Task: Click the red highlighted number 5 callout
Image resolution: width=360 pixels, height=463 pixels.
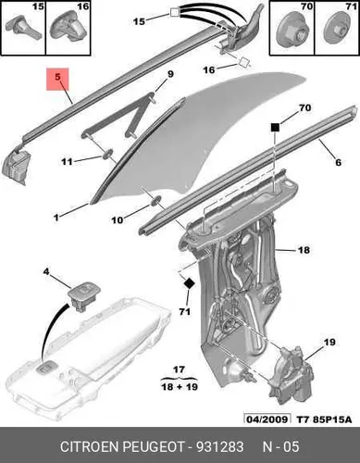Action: (57, 80)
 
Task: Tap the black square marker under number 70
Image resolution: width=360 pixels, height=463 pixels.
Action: (275, 127)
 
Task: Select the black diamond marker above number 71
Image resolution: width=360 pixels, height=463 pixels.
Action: (189, 282)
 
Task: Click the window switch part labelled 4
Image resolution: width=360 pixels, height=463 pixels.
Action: (83, 295)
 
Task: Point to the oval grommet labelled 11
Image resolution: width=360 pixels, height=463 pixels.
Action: (106, 154)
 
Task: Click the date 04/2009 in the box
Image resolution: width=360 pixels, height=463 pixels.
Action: (267, 419)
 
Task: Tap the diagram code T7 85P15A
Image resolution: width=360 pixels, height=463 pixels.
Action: (324, 419)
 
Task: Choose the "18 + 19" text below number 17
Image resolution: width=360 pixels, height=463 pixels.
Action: (180, 386)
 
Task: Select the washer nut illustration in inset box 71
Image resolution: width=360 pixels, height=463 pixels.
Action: (335, 32)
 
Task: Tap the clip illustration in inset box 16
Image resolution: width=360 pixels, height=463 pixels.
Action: (68, 29)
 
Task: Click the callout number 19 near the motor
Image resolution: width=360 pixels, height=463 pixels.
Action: (329, 342)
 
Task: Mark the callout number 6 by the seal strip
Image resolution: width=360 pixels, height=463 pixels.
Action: (338, 162)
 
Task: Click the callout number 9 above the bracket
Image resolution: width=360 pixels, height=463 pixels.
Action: (170, 74)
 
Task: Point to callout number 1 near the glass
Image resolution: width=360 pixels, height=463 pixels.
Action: (56, 218)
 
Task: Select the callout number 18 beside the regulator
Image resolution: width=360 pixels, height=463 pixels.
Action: (304, 250)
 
